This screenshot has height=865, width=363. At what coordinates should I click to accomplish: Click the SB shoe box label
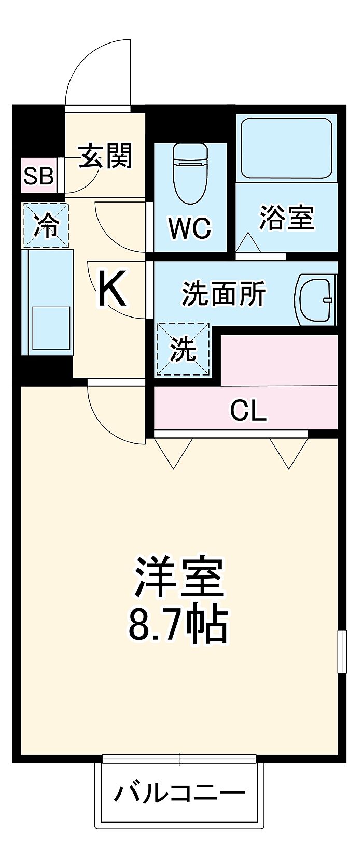pos(39,177)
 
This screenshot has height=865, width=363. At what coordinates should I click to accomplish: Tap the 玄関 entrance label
pos(106,155)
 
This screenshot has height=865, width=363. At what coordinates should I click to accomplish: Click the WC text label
pos(189,227)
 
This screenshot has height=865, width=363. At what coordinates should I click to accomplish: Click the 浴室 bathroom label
pos(286,218)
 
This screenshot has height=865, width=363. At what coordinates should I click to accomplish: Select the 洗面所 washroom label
pos(224,294)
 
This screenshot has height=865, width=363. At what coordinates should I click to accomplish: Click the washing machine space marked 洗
pos(184,349)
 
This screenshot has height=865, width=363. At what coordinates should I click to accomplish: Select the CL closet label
pos(248,411)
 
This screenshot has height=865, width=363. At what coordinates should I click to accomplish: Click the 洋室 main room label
pos(179,577)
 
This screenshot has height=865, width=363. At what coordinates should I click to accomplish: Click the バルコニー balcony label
pos(179,792)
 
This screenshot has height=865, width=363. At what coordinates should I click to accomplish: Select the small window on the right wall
pos(342,651)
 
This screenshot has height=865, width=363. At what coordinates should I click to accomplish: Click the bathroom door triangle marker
pos(248,243)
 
